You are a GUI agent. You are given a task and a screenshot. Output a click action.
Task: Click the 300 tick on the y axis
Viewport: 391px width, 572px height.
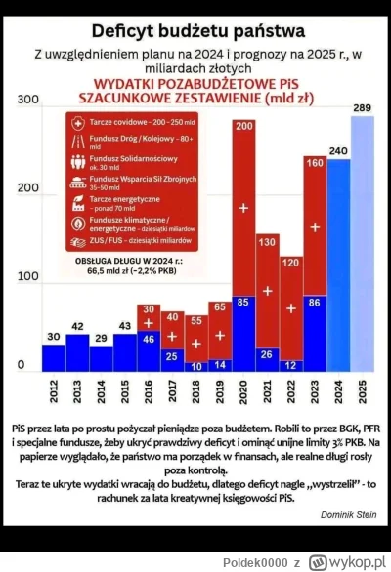26,100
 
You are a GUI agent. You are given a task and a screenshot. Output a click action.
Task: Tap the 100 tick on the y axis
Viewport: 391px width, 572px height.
26,277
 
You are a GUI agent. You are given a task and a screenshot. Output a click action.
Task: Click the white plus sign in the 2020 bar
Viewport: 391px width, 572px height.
243,210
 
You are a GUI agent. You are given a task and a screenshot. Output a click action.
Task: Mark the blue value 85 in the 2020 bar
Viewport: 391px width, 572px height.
243,301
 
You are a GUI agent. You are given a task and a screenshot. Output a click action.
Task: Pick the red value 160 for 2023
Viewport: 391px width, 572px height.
315,162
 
